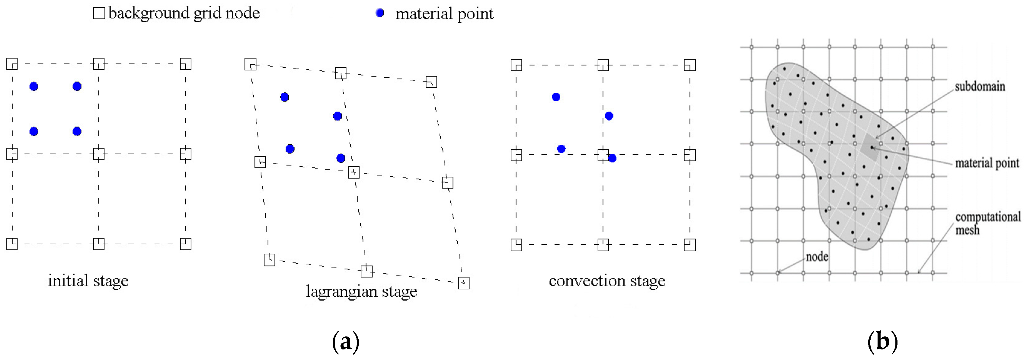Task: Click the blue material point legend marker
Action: coord(380,13)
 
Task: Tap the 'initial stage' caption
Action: coord(88,281)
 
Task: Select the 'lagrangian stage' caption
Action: coord(361,291)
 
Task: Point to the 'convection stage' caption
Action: coord(607,281)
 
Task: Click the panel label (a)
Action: coord(345,342)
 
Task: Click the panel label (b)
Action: coord(882,342)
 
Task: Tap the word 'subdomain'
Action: coord(980,86)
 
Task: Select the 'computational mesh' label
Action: coord(987,223)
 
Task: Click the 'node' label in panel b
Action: coord(817,257)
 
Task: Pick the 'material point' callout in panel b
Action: coord(987,163)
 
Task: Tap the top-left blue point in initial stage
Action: coord(34,86)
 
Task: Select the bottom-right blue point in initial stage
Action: coord(77,131)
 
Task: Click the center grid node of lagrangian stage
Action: coord(354,172)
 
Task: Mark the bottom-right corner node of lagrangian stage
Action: coord(463,283)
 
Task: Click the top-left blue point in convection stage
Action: coord(556,97)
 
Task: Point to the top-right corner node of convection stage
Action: coord(690,65)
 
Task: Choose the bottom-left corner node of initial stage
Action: coord(12,244)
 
